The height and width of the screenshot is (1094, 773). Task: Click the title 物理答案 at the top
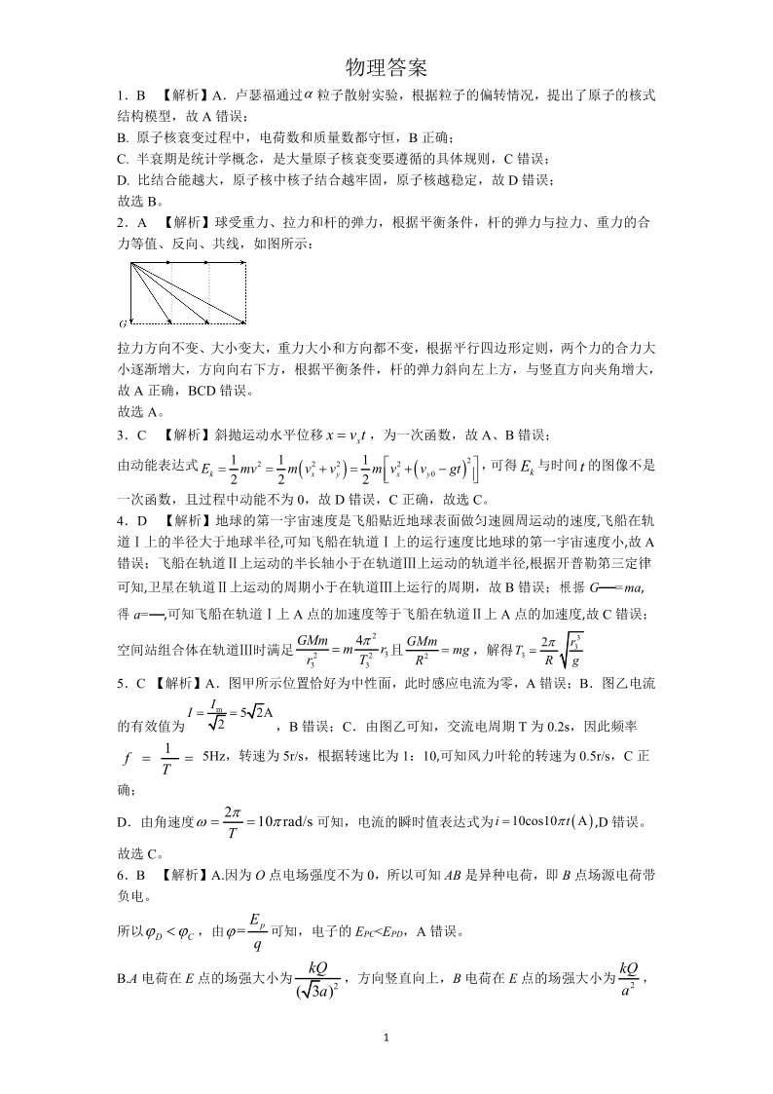[x=386, y=66]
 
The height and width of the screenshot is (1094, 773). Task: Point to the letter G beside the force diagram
[x=123, y=321]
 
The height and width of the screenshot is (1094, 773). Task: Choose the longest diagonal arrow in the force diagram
[x=187, y=292]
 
